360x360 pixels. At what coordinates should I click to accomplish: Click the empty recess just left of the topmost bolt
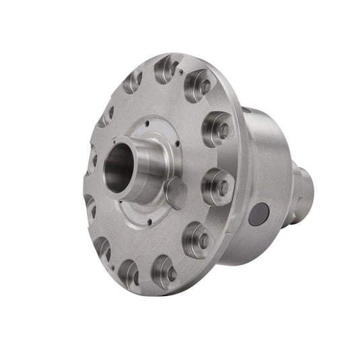tap(132, 82)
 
